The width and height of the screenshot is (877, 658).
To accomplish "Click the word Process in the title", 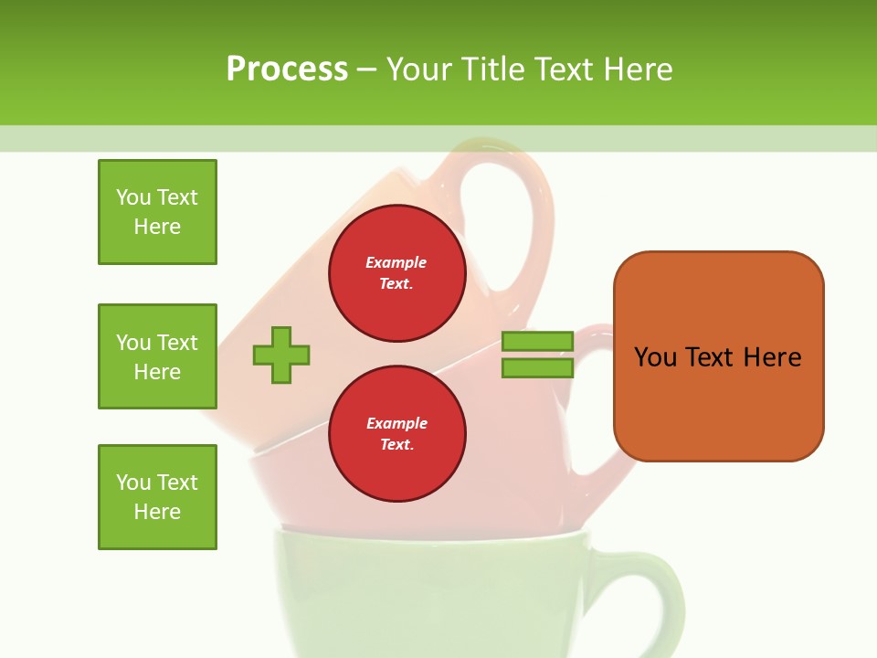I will (287, 69).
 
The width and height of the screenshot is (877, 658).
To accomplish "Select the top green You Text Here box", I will (157, 212).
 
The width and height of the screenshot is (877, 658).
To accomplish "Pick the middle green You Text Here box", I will (157, 356).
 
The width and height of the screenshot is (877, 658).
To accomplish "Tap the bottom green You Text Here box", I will (157, 497).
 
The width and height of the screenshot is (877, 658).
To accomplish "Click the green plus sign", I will (281, 355).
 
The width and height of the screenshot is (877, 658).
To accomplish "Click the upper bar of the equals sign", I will (537, 341).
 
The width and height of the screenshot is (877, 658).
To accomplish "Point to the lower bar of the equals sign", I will (537, 368).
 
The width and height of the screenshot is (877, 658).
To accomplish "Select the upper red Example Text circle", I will (396, 272).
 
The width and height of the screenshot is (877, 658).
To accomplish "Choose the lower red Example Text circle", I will (396, 433).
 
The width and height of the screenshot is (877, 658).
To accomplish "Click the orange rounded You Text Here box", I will (718, 356).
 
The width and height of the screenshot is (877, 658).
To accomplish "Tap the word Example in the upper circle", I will (396, 262).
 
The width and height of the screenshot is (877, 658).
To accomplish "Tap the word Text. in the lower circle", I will (396, 444).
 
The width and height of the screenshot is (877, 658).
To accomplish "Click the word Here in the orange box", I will (772, 357).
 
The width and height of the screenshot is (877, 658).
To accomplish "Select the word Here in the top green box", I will (157, 227).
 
